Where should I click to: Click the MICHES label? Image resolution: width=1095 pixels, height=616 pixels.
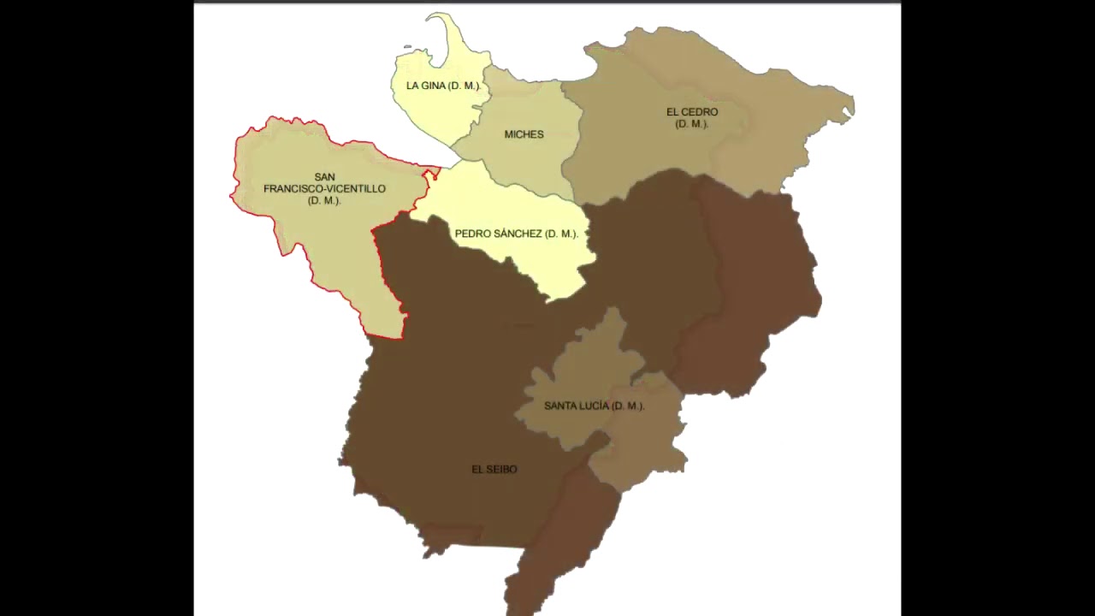pyautogui.click(x=524, y=134)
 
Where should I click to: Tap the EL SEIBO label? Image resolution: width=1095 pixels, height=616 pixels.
pyautogui.click(x=494, y=470)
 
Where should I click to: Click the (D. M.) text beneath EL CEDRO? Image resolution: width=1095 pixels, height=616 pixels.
pyautogui.click(x=692, y=124)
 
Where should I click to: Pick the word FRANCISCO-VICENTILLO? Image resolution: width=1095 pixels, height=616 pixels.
pyautogui.click(x=324, y=189)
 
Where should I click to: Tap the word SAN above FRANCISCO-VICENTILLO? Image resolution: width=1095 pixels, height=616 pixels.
pyautogui.click(x=324, y=177)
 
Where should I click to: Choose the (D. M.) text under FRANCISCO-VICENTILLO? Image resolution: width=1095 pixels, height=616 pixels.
pyautogui.click(x=324, y=200)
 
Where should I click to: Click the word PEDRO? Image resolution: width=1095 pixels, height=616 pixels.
pyautogui.click(x=471, y=234)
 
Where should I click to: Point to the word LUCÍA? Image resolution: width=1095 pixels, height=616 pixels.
pyautogui.click(x=595, y=406)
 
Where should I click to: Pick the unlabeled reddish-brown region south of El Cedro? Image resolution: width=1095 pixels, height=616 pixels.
pyautogui.click(x=753, y=282)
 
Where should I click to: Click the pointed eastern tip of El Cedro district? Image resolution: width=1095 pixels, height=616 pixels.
pyautogui.click(x=849, y=107)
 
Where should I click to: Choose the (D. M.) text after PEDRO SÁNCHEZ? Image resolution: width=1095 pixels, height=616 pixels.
pyautogui.click(x=562, y=234)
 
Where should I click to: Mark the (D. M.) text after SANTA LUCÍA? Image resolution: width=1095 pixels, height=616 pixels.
pyautogui.click(x=629, y=406)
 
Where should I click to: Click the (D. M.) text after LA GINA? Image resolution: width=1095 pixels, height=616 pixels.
pyautogui.click(x=465, y=86)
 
